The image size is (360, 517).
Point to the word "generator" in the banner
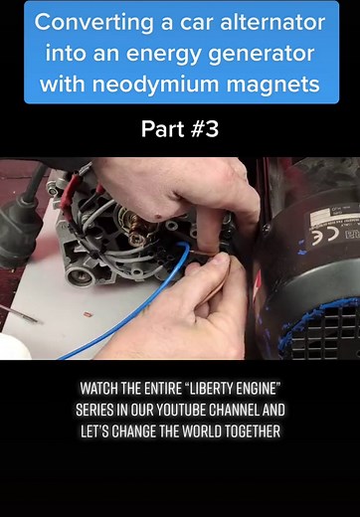coord(242,53)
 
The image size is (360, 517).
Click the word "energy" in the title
coord(139,53)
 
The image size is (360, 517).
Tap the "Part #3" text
coord(180,129)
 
